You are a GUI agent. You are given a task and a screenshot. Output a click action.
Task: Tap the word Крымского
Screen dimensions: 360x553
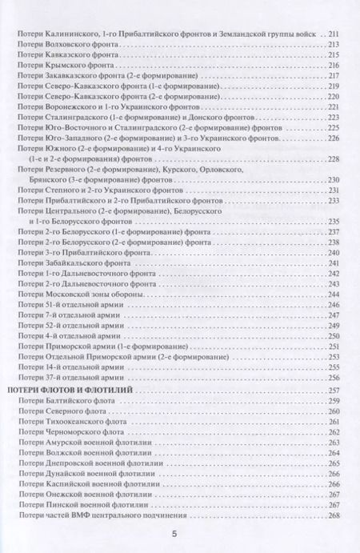click(x=70, y=65)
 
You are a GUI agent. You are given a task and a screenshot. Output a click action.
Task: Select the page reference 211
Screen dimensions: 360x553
click(x=335, y=34)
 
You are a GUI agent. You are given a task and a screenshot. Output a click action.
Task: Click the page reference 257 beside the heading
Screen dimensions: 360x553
click(x=335, y=389)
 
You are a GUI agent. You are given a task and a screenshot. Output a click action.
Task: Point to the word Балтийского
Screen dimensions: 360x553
click(x=74, y=400)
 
